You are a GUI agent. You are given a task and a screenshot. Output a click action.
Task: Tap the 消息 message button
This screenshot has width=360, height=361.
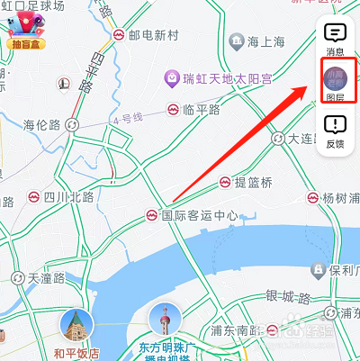[335, 39]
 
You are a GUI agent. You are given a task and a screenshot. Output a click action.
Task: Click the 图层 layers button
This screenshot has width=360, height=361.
[335, 83]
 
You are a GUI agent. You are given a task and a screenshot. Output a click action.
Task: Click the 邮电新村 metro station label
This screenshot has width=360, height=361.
[156, 35]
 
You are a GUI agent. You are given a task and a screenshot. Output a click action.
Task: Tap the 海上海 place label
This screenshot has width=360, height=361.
[265, 41]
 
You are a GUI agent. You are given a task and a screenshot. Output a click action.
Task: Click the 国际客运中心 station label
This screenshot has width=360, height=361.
[199, 215]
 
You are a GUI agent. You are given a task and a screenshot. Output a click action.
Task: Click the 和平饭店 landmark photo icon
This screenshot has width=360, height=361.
[76, 326]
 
